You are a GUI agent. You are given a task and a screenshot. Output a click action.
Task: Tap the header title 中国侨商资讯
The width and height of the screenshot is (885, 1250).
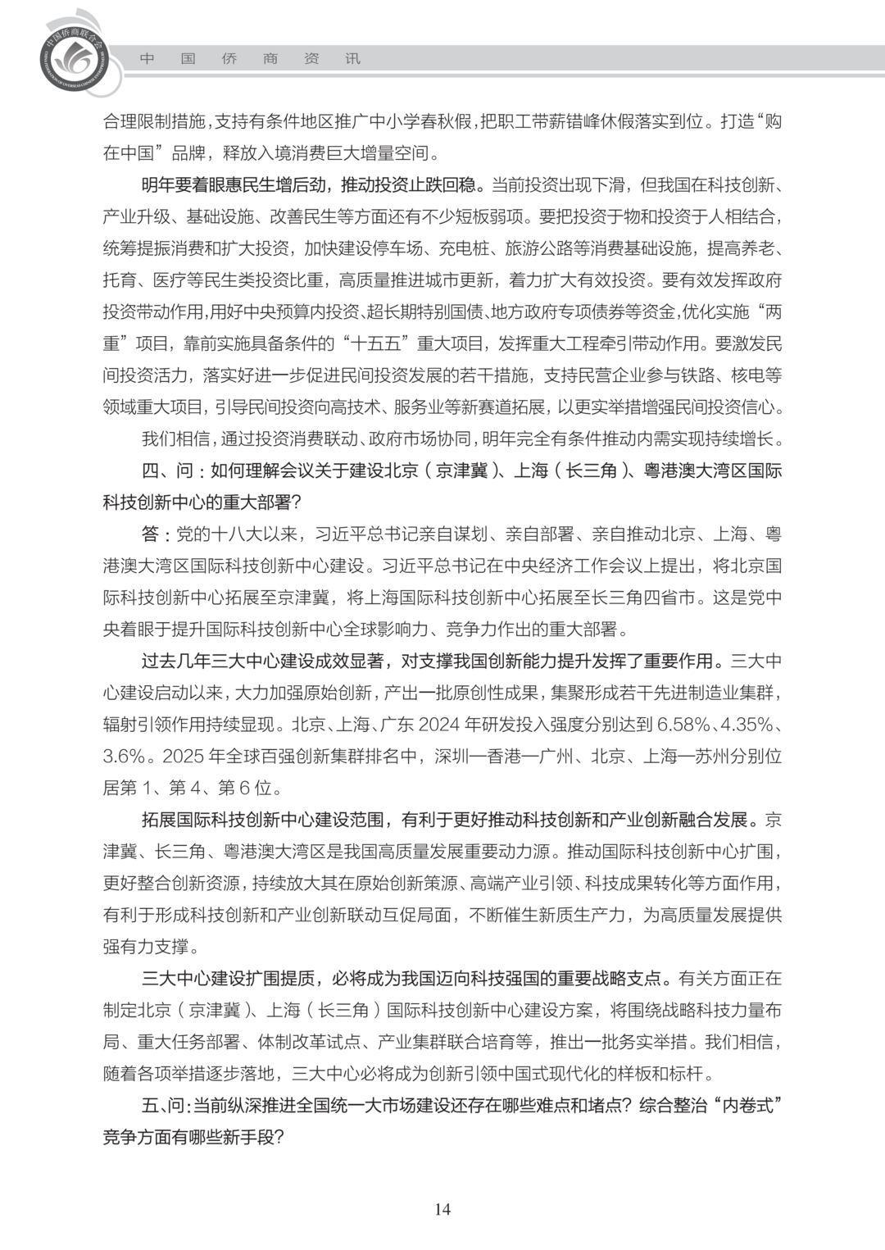[249, 59]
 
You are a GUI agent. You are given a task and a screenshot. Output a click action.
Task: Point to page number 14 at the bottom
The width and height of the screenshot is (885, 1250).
[442, 1209]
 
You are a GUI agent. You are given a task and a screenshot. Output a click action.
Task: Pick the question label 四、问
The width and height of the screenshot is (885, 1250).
[167, 470]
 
